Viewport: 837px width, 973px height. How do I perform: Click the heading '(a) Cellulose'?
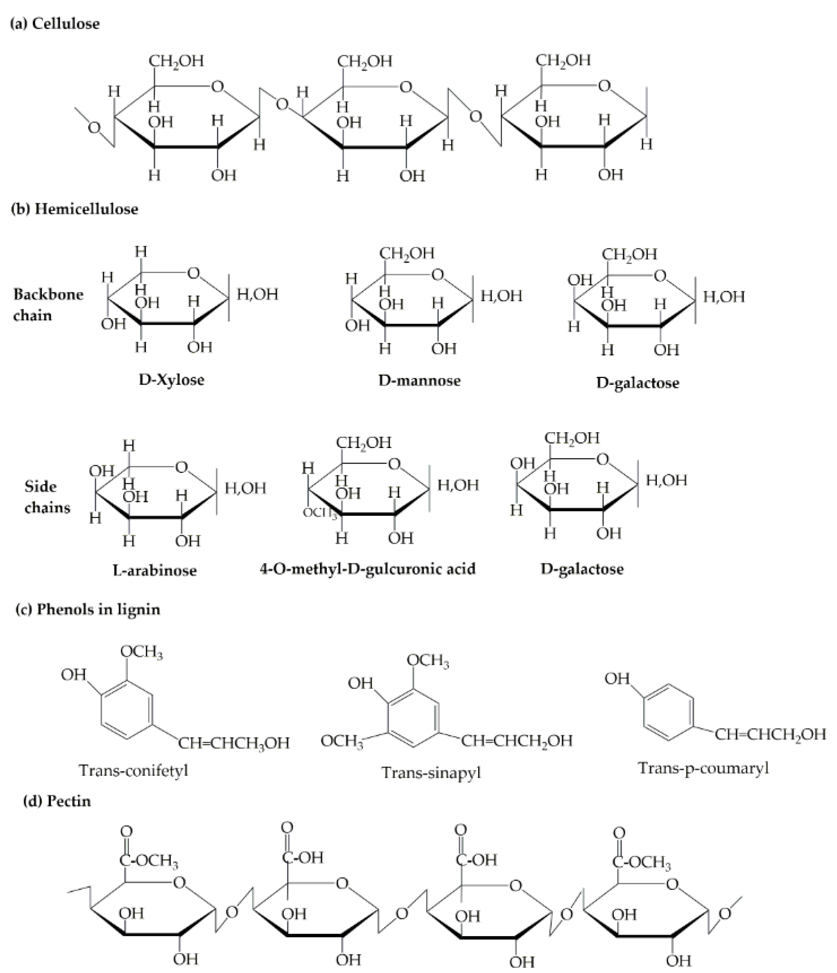[x=55, y=23]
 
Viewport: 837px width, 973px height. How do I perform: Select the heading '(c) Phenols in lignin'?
[x=88, y=610]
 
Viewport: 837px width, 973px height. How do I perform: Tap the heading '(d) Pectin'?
[x=57, y=801]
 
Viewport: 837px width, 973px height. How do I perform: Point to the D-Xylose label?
[x=171, y=379]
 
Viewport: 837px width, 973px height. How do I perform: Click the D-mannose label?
[x=419, y=380]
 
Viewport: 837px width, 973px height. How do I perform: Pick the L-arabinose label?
[x=154, y=571]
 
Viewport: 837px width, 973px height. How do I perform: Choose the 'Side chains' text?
[x=47, y=497]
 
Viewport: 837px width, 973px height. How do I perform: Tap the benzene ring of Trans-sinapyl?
[x=413, y=717]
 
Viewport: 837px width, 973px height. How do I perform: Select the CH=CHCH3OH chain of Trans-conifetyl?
[x=233, y=743]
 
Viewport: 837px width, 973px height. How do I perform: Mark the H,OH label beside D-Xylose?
[x=257, y=294]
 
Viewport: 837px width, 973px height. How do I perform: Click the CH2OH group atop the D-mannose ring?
[x=406, y=254]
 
